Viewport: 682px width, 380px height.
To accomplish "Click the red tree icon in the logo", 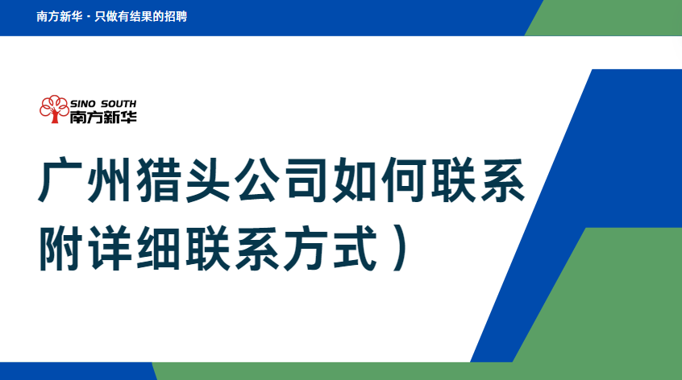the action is tap(54, 109).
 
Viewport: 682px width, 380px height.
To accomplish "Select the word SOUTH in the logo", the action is tap(119, 104).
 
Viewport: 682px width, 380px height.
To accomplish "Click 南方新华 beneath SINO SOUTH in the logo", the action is tap(103, 117).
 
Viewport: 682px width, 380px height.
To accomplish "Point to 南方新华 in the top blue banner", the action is tap(60, 16).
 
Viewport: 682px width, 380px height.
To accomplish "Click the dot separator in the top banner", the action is tap(89, 18).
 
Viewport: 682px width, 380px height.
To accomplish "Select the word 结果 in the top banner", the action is tap(140, 16).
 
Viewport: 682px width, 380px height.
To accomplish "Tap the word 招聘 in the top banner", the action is tap(175, 16).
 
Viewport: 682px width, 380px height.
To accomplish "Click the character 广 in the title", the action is tap(61, 180).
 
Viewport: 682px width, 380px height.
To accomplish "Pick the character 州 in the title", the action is tap(109, 180).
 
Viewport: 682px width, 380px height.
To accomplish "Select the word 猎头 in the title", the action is tap(184, 180).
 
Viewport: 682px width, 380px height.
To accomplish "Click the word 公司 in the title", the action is tap(281, 180).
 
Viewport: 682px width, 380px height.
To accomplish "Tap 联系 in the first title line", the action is tap(477, 180).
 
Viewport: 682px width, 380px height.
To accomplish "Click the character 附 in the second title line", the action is tap(61, 248).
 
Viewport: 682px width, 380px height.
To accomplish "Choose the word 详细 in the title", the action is tap(135, 248).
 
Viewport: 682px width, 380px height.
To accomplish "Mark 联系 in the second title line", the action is tap(232, 248).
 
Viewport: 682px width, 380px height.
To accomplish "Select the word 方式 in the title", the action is tap(331, 248).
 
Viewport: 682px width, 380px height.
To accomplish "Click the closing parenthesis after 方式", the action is tap(399, 248).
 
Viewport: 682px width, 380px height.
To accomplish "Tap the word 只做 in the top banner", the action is tap(106, 16).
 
